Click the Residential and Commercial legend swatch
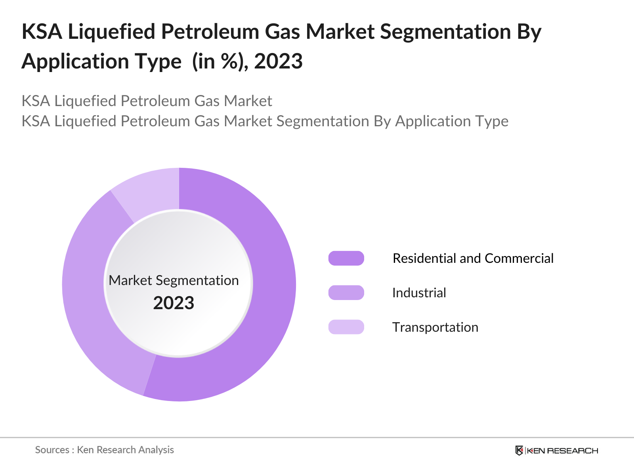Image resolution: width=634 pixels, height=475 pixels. click(x=346, y=258)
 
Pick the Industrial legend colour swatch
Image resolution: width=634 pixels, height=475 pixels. click(x=346, y=293)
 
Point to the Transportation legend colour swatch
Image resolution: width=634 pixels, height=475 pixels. click(x=346, y=327)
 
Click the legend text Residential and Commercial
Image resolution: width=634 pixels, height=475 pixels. click(x=473, y=258)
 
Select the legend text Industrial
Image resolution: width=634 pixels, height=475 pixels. click(x=419, y=293)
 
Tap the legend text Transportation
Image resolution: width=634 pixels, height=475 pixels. click(x=435, y=327)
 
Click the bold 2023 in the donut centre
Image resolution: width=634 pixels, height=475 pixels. click(x=174, y=303)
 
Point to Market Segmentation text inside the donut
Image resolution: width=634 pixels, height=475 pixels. click(x=174, y=280)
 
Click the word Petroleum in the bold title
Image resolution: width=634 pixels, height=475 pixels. click(x=210, y=32)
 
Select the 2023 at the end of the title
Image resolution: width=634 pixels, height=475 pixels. click(x=278, y=61)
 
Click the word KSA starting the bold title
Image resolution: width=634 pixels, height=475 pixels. click(x=42, y=32)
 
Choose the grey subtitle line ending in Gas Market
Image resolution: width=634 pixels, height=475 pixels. click(x=147, y=101)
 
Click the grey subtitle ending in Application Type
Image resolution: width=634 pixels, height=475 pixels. click(x=265, y=121)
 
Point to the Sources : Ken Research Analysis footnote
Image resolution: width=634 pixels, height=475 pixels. click(x=104, y=450)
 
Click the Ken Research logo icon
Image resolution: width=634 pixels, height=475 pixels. click(x=519, y=450)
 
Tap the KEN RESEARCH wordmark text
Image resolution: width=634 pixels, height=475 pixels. click(x=562, y=450)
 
